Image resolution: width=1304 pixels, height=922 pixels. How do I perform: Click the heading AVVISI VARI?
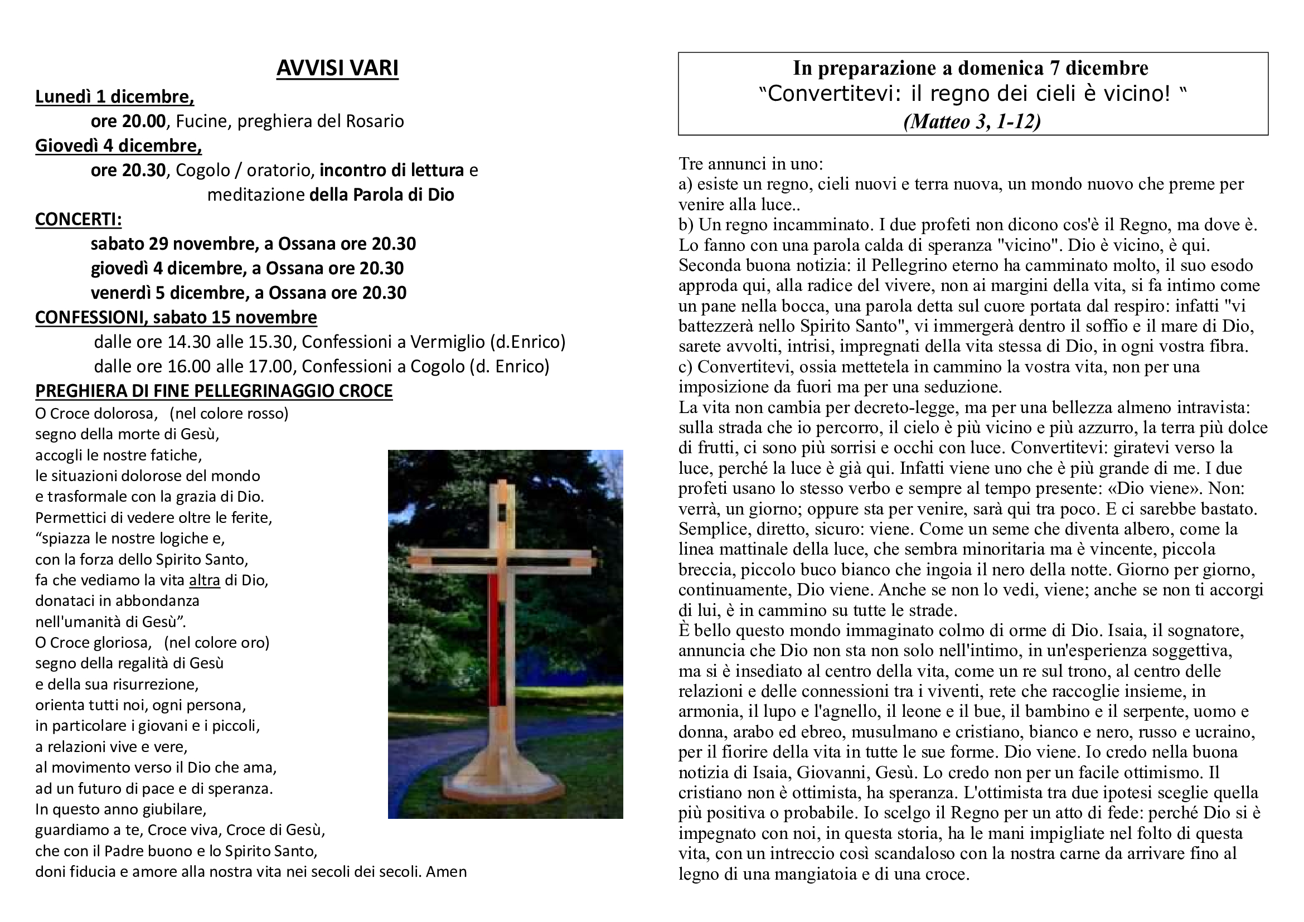coord(337,68)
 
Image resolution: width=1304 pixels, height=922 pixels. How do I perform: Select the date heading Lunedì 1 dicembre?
coord(114,96)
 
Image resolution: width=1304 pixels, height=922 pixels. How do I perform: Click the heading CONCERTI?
coord(79,219)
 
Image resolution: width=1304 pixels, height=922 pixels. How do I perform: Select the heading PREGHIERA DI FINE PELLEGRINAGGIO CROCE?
coord(214,391)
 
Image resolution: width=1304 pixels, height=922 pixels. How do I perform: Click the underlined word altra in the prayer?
coord(205,580)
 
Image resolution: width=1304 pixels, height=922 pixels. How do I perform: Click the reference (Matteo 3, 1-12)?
coord(972,122)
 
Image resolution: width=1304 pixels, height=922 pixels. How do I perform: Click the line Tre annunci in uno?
coord(750,163)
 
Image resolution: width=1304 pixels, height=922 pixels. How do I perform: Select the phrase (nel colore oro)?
coord(216,643)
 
